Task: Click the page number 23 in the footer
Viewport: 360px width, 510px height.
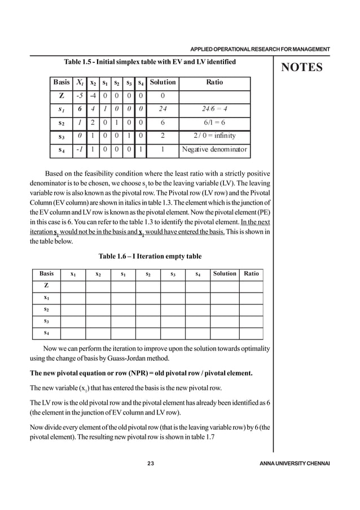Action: tap(151, 464)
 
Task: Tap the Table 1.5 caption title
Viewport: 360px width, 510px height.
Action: tap(151, 60)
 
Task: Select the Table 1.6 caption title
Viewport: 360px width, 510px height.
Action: tap(150, 256)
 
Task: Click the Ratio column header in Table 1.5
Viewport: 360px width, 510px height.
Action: tap(214, 82)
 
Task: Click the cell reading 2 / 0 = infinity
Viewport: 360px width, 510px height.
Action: tap(214, 136)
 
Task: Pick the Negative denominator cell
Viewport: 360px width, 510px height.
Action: tap(214, 150)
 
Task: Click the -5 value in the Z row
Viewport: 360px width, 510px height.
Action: tap(81, 95)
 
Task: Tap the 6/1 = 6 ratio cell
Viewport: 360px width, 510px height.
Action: tap(214, 122)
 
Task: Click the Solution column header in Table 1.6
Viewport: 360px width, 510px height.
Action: tap(224, 273)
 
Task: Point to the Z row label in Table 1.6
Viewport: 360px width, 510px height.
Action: tap(46, 286)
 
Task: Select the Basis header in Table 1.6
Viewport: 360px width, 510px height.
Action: tap(46, 273)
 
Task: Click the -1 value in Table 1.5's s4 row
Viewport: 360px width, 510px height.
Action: tap(81, 150)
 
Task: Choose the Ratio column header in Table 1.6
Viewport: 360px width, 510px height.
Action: tap(251, 273)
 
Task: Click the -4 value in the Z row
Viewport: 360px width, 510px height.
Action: tap(94, 95)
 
